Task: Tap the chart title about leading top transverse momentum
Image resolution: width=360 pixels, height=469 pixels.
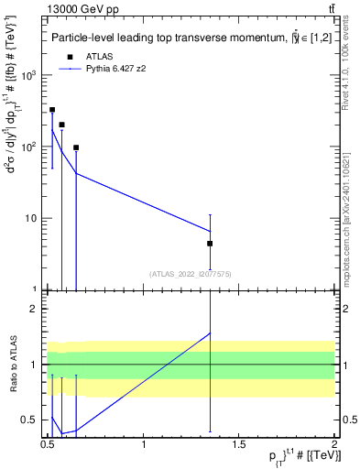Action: (x=183, y=38)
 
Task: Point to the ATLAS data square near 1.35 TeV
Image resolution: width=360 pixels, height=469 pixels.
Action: (x=211, y=244)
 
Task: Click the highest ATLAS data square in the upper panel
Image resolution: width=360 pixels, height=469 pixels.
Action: (x=52, y=110)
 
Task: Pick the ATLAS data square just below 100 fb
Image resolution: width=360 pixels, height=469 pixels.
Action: (x=76, y=147)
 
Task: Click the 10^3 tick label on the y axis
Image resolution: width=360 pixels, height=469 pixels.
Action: (x=28, y=75)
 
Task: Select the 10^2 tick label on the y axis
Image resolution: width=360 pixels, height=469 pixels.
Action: (x=28, y=147)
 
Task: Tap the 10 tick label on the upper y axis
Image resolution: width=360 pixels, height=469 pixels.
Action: (x=31, y=218)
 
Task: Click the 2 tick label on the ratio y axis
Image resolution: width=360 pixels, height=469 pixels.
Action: (x=36, y=309)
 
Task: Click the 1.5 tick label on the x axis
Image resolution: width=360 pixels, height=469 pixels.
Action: (x=239, y=446)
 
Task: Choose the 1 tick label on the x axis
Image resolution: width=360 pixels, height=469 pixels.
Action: (x=144, y=446)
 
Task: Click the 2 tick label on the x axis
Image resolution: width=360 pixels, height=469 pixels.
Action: (x=334, y=446)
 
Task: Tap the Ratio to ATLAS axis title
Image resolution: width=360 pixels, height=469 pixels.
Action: (x=12, y=364)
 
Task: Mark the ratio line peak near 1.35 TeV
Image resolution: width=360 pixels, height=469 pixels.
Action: (x=211, y=333)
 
